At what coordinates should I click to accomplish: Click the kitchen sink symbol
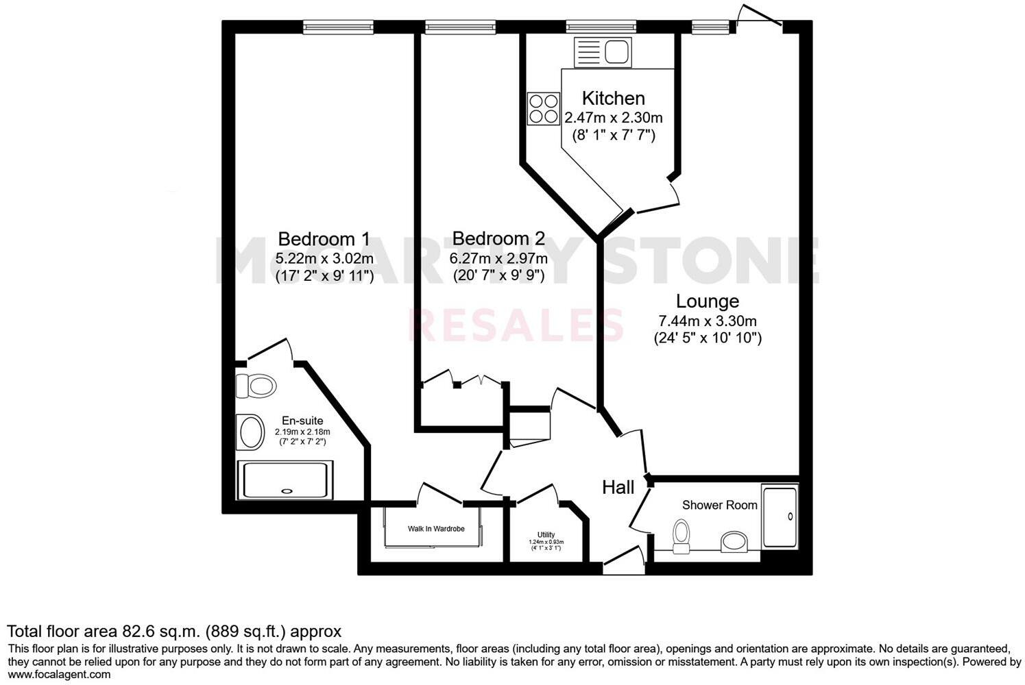click(x=603, y=52)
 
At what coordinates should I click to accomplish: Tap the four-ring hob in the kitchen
click(x=544, y=108)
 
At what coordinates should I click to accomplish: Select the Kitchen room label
click(x=613, y=98)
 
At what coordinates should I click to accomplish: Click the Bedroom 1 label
click(x=324, y=239)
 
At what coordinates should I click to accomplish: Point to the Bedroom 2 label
click(x=498, y=239)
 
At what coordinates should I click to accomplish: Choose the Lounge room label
click(x=707, y=301)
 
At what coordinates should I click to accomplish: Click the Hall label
click(x=618, y=488)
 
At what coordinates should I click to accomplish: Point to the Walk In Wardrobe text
click(x=436, y=529)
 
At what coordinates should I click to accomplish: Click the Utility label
click(x=546, y=535)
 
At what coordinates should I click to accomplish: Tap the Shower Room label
click(x=719, y=506)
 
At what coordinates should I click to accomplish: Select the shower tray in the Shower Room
click(x=780, y=517)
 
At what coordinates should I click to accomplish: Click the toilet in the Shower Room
click(x=681, y=535)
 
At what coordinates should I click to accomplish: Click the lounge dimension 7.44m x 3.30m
click(x=707, y=321)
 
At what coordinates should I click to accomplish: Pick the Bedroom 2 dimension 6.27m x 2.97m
click(x=498, y=259)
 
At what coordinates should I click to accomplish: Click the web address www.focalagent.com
click(x=59, y=675)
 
